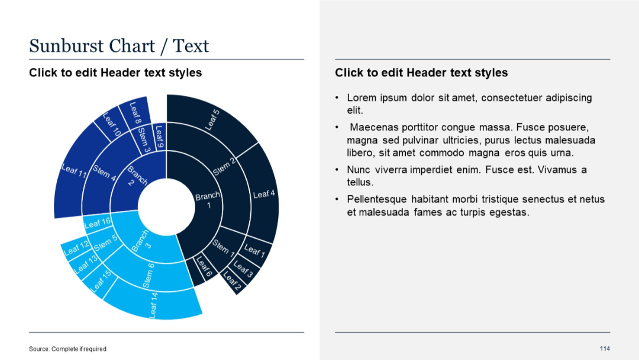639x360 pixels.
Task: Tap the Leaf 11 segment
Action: (x=74, y=172)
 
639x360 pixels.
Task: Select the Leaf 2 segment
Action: (x=231, y=282)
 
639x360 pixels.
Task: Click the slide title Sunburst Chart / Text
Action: (x=119, y=46)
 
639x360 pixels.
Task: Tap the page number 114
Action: (x=604, y=348)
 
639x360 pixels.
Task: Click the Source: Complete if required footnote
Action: (x=67, y=349)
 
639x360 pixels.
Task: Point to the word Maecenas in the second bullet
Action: (x=374, y=128)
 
